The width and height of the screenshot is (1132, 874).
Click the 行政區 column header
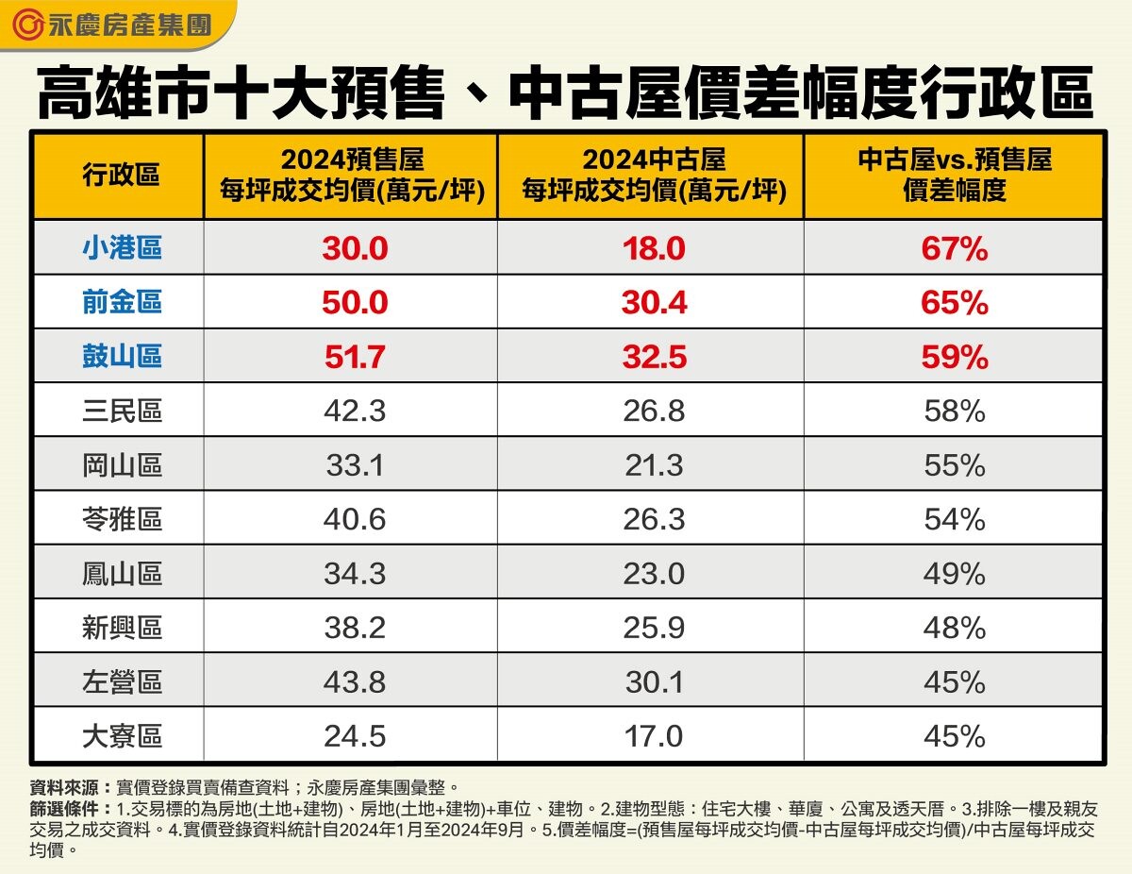point(120,176)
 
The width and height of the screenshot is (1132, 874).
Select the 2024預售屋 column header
point(352,176)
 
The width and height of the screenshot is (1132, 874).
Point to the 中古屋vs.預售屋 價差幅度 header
point(955,176)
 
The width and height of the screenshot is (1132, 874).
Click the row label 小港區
point(121,248)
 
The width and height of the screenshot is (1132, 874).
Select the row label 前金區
point(121,302)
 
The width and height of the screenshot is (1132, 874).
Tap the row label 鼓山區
point(121,356)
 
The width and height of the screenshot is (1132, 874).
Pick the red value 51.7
point(354,358)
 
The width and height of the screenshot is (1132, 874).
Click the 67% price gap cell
point(955,249)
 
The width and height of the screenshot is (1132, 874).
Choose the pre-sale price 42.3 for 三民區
point(354,412)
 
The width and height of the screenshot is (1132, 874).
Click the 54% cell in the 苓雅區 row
point(955,520)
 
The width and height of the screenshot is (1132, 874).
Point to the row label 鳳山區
point(121,574)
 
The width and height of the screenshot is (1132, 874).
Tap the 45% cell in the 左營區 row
point(955,682)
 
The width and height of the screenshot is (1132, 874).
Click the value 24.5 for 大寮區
point(354,737)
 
